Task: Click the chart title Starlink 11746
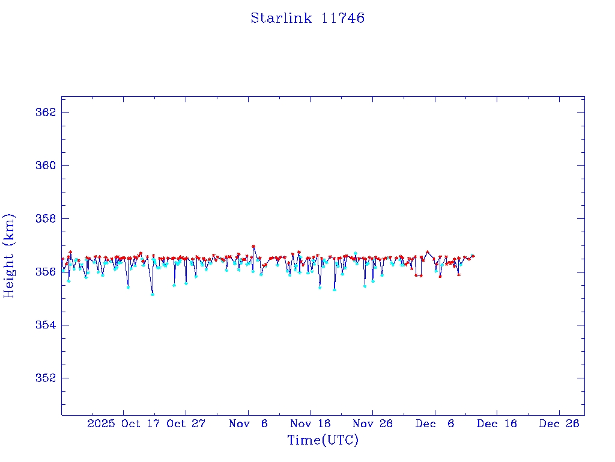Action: tap(307, 18)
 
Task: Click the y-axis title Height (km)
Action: tap(10, 255)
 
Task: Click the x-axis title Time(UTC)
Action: tap(323, 440)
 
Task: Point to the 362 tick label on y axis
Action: tap(46, 112)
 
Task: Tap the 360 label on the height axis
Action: tap(46, 165)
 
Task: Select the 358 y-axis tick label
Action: tap(46, 218)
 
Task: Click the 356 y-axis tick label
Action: tap(46, 272)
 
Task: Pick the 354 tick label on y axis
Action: tap(46, 325)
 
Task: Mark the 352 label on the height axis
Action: tap(46, 378)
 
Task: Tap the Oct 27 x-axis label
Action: tap(186, 423)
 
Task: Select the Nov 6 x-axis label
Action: tap(248, 423)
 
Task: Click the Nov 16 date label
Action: tap(310, 423)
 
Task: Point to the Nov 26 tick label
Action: tap(372, 423)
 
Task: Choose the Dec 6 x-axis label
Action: tap(435, 423)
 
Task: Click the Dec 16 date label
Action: tap(497, 423)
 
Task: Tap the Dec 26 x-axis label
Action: tap(559, 423)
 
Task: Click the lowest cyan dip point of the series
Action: tap(153, 294)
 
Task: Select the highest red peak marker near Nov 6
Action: tap(253, 246)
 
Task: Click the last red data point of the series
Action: tap(473, 256)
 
